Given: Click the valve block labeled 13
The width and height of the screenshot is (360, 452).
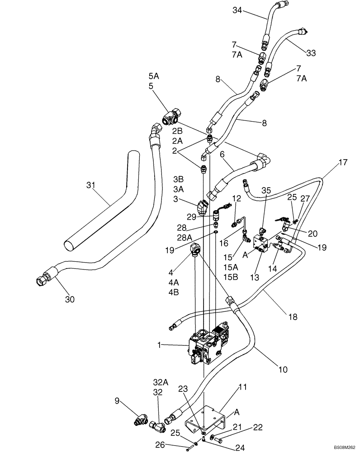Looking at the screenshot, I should coord(261,242).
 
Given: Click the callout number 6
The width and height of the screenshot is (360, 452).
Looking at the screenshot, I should coord(222,154).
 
